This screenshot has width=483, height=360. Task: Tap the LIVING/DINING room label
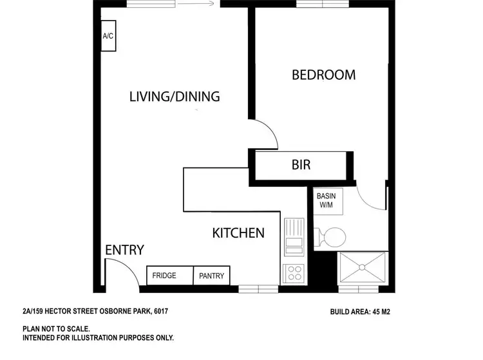coord(175,97)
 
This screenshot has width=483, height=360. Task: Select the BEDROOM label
coord(323,75)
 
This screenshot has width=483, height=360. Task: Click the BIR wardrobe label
coord(301,166)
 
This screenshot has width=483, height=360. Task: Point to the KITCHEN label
coord(238,232)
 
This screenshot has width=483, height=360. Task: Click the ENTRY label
coord(124,250)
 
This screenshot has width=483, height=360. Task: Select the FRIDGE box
coord(164,276)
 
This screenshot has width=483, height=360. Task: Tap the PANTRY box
coord(212,276)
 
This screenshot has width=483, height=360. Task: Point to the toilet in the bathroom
coord(329,236)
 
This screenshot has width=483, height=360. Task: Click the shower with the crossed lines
coord(363,267)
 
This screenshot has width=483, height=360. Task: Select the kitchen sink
coord(294,237)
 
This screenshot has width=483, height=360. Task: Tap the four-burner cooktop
coord(294,272)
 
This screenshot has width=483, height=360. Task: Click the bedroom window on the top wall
coord(322,4)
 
